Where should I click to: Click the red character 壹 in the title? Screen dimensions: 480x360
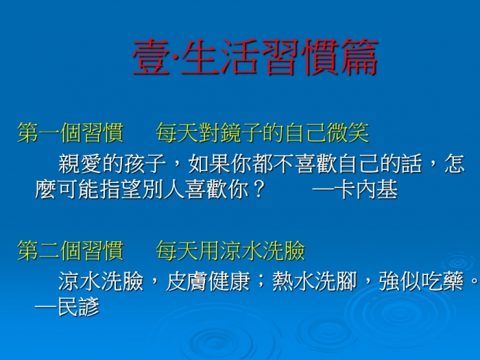click(151, 57)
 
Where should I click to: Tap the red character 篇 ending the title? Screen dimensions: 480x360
click(359, 57)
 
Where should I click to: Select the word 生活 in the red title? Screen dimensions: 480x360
click(220, 57)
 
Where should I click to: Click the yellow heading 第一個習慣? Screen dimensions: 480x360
click(71, 133)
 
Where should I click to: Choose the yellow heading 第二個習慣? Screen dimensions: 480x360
click(71, 250)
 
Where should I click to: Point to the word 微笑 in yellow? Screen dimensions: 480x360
click(348, 133)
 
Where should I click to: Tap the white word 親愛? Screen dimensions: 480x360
click(80, 164)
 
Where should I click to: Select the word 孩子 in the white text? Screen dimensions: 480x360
click(145, 164)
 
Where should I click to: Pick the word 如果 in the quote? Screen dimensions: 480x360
click(209, 164)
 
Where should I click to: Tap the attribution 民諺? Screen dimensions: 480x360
click(78, 307)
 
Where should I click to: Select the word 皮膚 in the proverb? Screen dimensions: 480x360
click(187, 281)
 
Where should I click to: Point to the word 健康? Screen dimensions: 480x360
click(230, 281)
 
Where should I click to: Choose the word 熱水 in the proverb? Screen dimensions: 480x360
click(293, 281)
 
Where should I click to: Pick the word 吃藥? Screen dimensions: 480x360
click(443, 281)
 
